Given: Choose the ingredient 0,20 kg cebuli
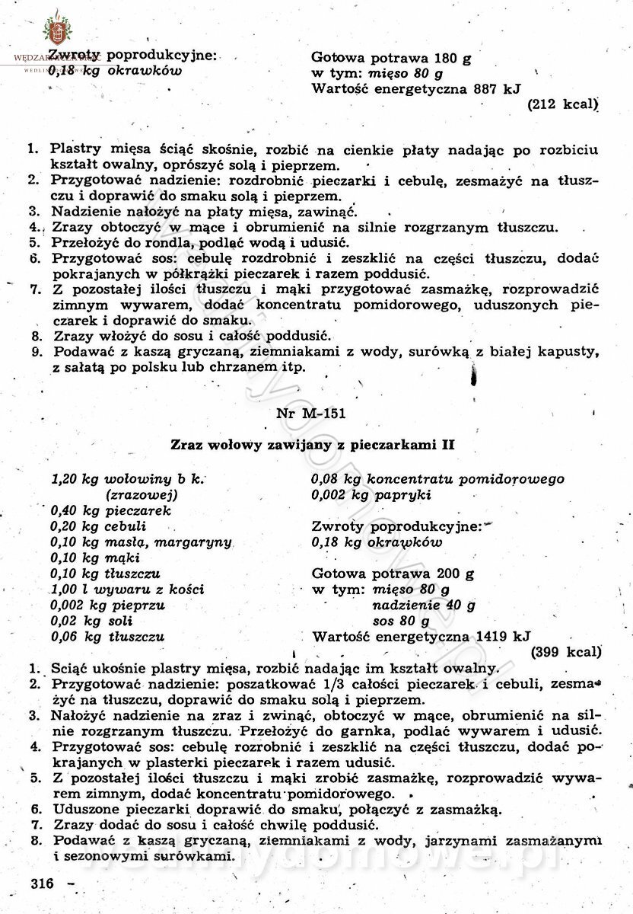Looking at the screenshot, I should pyautogui.click(x=99, y=526).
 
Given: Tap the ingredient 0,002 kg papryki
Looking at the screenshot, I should pyautogui.click(x=371, y=495).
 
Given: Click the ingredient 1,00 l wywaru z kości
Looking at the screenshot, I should pyautogui.click(x=127, y=590).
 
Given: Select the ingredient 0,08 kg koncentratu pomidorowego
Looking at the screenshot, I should pyautogui.click(x=437, y=479).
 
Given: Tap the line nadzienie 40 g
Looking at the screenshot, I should pyautogui.click(x=424, y=606).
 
